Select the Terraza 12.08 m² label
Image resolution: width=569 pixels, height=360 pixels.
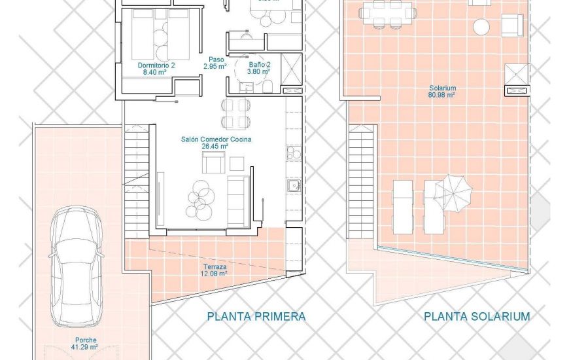tap(215, 270)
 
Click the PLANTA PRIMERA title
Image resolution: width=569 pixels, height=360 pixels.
tap(256, 317)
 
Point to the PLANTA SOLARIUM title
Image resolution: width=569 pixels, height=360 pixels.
tap(477, 317)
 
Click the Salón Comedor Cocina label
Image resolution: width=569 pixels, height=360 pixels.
tap(216, 143)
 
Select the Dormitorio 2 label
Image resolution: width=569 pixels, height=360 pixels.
tap(156, 69)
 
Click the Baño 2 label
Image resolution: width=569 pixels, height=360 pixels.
tap(260, 69)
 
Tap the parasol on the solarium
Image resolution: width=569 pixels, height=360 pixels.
tap(453, 191)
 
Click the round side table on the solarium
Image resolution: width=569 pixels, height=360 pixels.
tap(481, 26)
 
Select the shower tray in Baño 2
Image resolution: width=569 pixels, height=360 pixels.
tap(292, 67)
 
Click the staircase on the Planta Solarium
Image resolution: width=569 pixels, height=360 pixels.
tap(360, 184)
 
